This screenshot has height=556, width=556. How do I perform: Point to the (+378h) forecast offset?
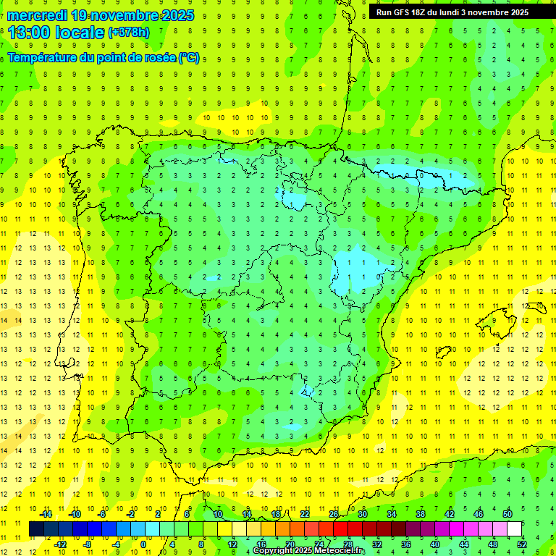click(129, 33)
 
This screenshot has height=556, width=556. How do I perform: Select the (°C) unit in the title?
click(188, 58)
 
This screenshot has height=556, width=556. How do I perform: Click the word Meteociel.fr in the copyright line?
click(340, 551)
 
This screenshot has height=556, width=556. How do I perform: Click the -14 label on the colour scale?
click(45, 514)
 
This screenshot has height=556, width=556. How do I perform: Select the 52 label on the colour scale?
click(522, 544)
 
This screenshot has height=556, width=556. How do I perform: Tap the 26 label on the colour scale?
click(334, 514)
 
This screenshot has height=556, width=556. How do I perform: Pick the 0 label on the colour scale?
click(143, 544)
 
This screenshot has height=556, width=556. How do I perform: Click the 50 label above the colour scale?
click(507, 514)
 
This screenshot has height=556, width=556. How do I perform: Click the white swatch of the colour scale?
click(514, 529)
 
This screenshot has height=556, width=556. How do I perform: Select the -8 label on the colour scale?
click(87, 544)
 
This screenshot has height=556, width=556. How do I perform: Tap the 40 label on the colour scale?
click(435, 544)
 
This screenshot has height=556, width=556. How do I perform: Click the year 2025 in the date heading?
click(177, 15)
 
